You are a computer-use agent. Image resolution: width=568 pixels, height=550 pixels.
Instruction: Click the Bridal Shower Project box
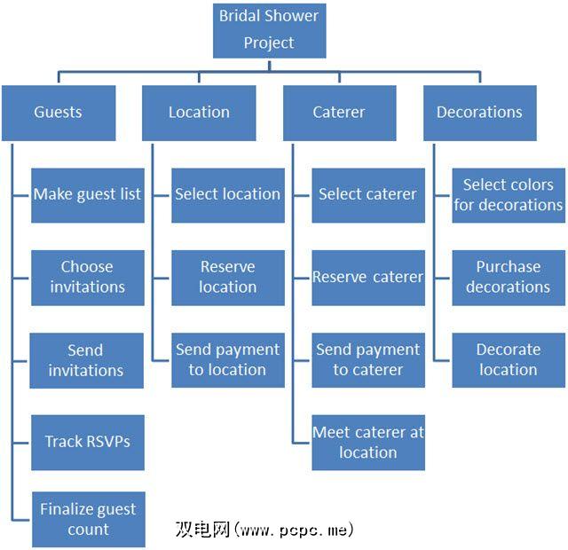click(x=269, y=29)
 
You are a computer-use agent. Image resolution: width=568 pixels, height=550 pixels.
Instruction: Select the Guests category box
click(x=59, y=113)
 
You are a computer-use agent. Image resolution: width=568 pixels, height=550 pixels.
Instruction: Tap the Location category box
click(x=199, y=113)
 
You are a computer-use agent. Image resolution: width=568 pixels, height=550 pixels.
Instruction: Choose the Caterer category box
click(x=339, y=113)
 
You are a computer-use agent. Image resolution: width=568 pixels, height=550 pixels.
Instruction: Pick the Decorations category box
click(x=479, y=113)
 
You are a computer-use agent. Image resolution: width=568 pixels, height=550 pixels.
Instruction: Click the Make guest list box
click(x=87, y=194)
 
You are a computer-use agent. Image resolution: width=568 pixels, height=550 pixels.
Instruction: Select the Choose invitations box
click(x=87, y=277)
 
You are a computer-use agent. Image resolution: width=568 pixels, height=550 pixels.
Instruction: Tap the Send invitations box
click(x=87, y=360)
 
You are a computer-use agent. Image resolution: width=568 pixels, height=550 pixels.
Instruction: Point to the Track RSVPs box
click(x=87, y=442)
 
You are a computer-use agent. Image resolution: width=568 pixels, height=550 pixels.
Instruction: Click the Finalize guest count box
click(x=87, y=519)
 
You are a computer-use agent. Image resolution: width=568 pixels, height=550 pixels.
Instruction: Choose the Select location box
click(x=228, y=194)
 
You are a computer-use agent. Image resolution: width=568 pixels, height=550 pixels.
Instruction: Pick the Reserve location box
click(x=228, y=277)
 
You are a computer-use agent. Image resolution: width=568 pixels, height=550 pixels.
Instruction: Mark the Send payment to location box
click(x=228, y=360)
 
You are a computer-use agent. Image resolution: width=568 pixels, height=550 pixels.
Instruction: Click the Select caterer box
click(x=367, y=194)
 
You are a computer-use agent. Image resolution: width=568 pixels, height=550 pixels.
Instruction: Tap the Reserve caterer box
click(x=367, y=277)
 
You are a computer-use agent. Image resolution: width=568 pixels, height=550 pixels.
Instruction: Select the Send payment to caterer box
click(x=367, y=360)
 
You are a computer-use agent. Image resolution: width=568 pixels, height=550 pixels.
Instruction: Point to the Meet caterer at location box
click(x=367, y=442)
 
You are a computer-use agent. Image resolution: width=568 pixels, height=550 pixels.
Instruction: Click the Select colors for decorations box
click(x=509, y=194)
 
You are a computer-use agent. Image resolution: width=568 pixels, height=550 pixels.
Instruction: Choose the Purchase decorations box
click(x=509, y=277)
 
